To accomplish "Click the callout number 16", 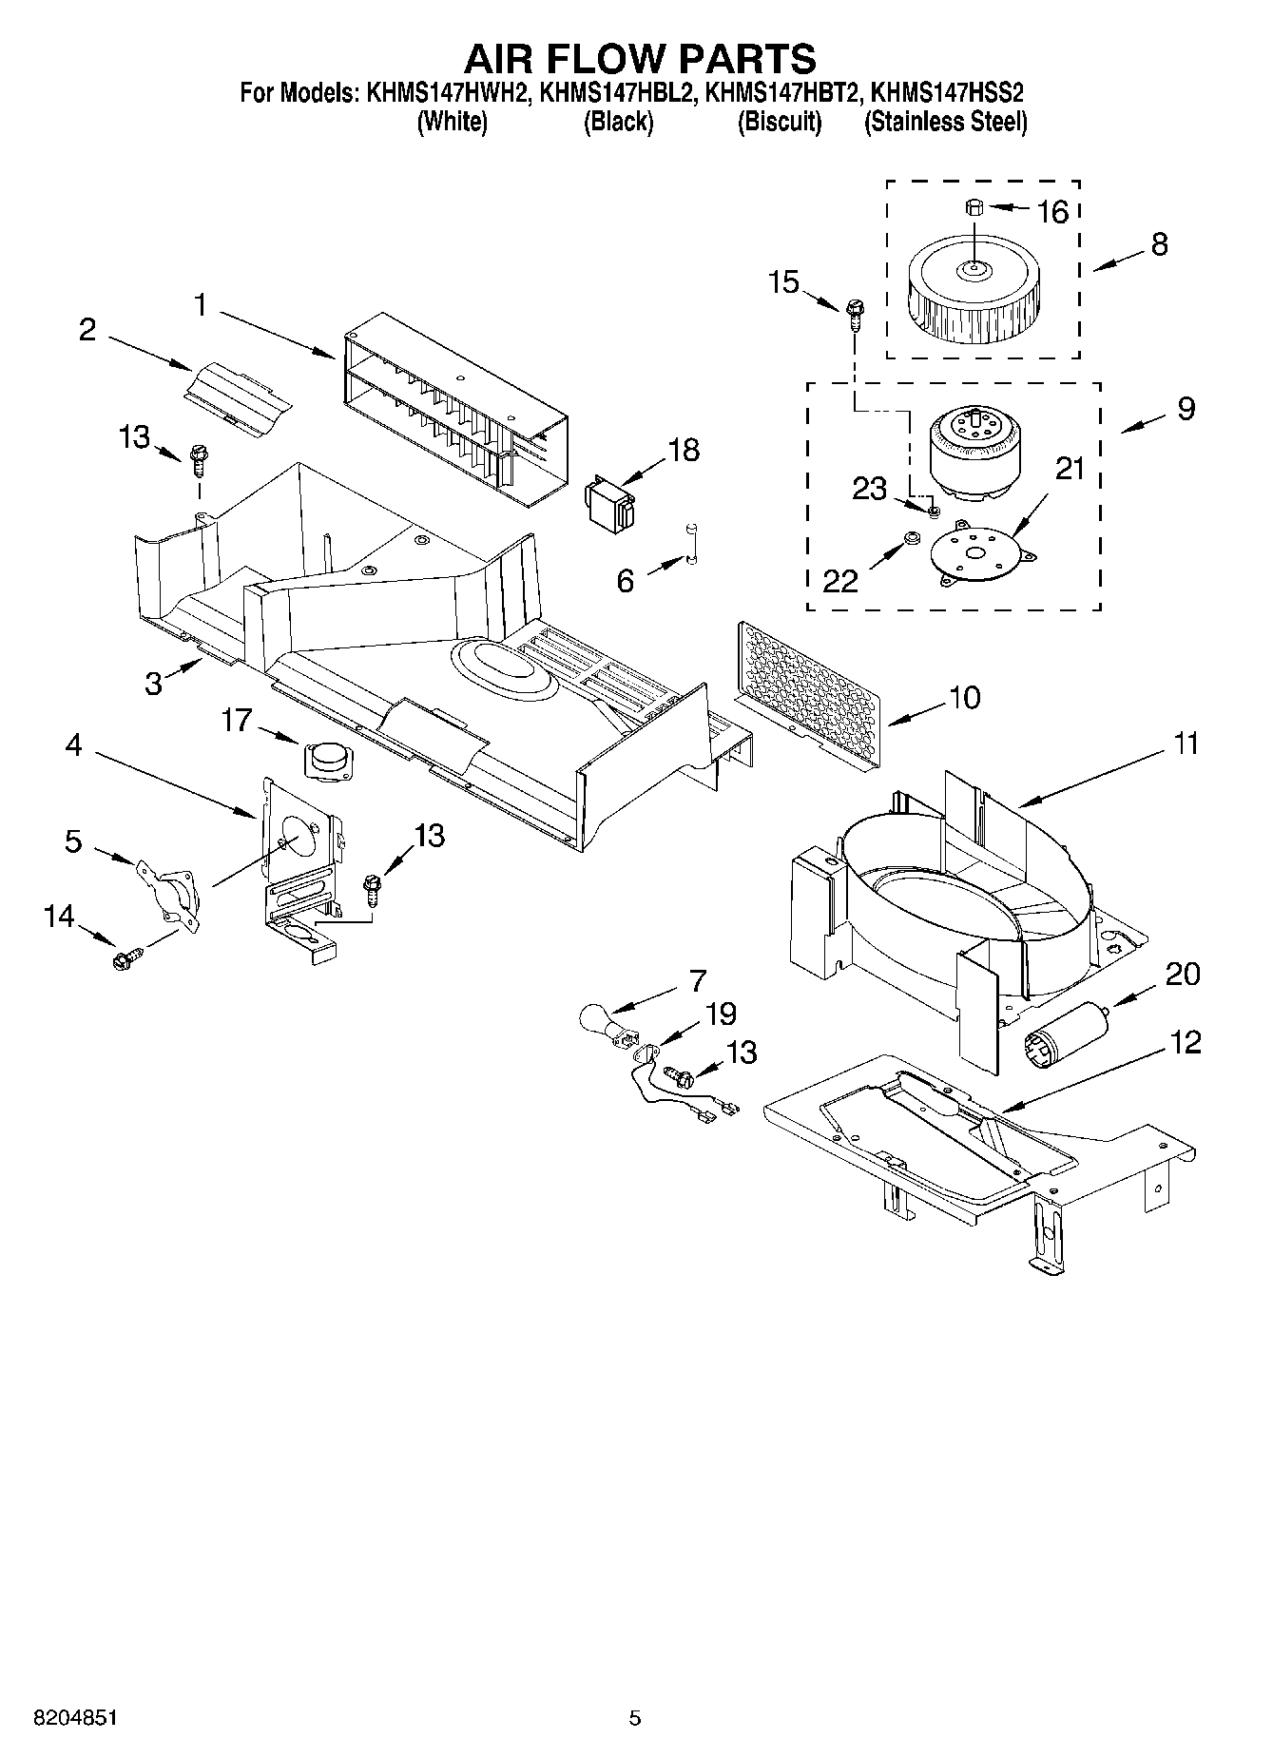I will pyautogui.click(x=1052, y=211).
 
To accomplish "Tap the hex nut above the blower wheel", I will pyautogui.click(x=974, y=206).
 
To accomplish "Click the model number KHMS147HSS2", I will pyautogui.click(x=947, y=94).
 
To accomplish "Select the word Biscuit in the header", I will pyautogui.click(x=779, y=123).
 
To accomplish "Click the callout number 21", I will pyautogui.click(x=1070, y=469).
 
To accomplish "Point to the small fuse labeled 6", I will pyautogui.click(x=691, y=545).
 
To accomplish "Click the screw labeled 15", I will pyautogui.click(x=854, y=311).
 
